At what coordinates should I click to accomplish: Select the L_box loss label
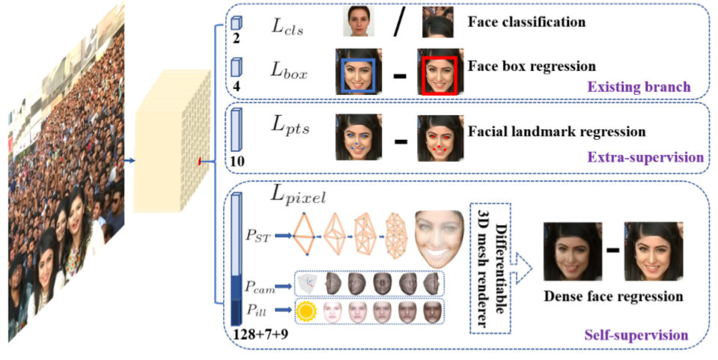click(x=289, y=70)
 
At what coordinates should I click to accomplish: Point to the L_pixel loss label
click(x=297, y=197)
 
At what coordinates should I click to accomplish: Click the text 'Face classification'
click(x=526, y=22)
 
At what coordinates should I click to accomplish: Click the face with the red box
click(x=439, y=74)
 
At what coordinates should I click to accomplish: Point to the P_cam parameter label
click(x=262, y=286)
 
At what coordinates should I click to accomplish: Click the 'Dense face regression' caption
click(x=613, y=296)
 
